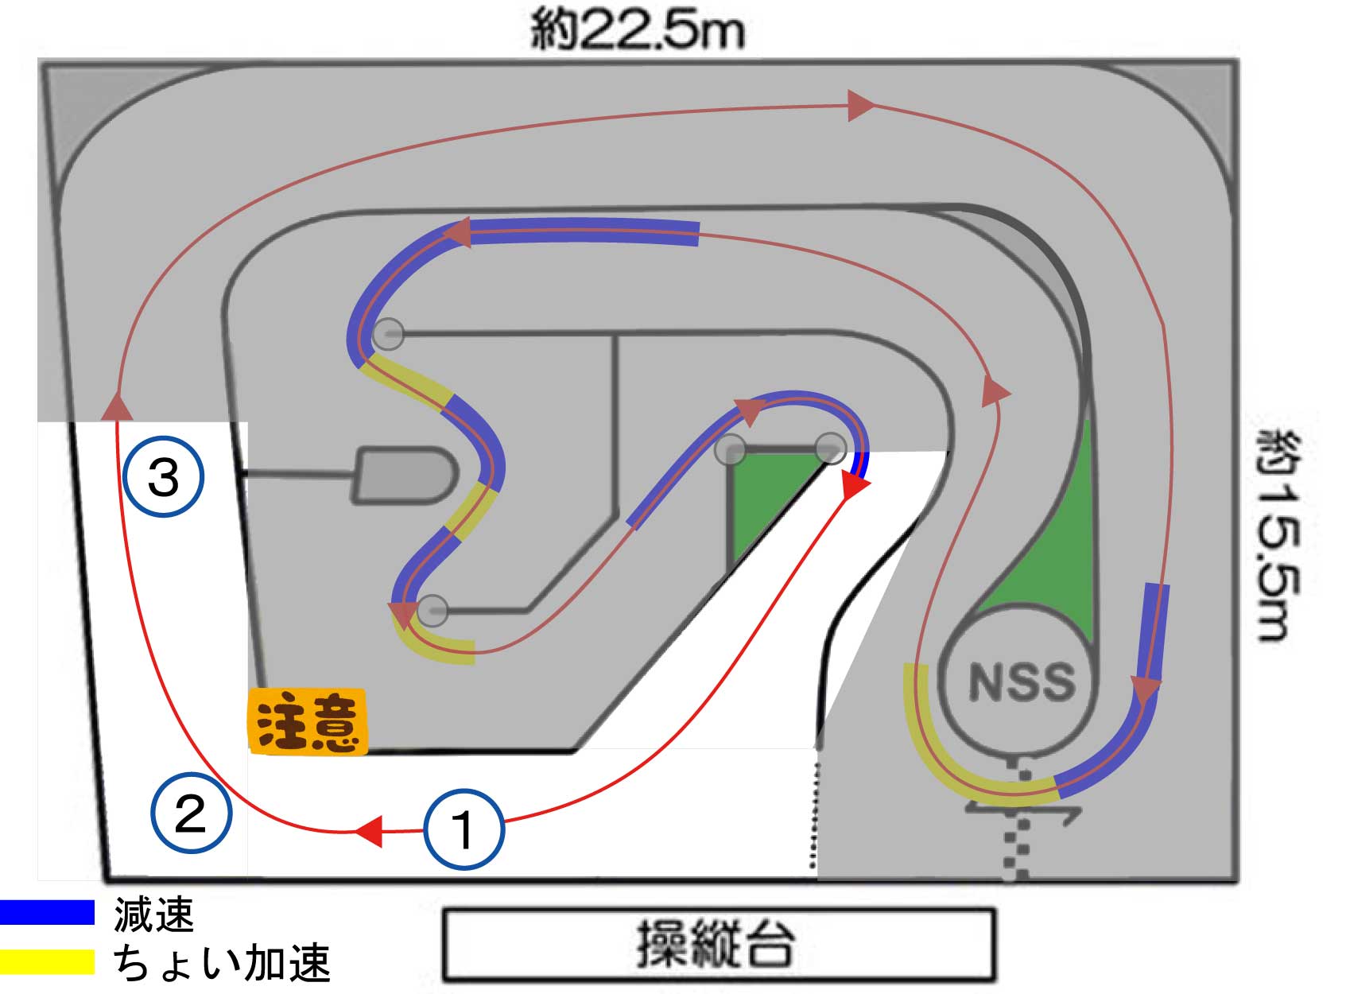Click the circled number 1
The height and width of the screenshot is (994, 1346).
[x=464, y=829]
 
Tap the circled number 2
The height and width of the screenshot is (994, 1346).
[x=191, y=813]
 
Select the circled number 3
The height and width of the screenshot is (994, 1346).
[x=164, y=477]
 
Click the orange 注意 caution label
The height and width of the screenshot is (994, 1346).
[x=308, y=721]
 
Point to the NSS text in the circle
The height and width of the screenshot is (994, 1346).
[x=1022, y=682]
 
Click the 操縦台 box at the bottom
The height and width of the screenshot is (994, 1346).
[x=719, y=945]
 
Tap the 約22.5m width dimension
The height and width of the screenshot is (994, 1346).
[x=638, y=30]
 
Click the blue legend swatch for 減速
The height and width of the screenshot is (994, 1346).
[x=47, y=912]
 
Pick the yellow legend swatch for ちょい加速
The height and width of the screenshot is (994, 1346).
[x=47, y=961]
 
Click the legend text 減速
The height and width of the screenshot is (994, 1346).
[x=154, y=914]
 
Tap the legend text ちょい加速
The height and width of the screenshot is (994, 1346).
[x=222, y=963]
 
